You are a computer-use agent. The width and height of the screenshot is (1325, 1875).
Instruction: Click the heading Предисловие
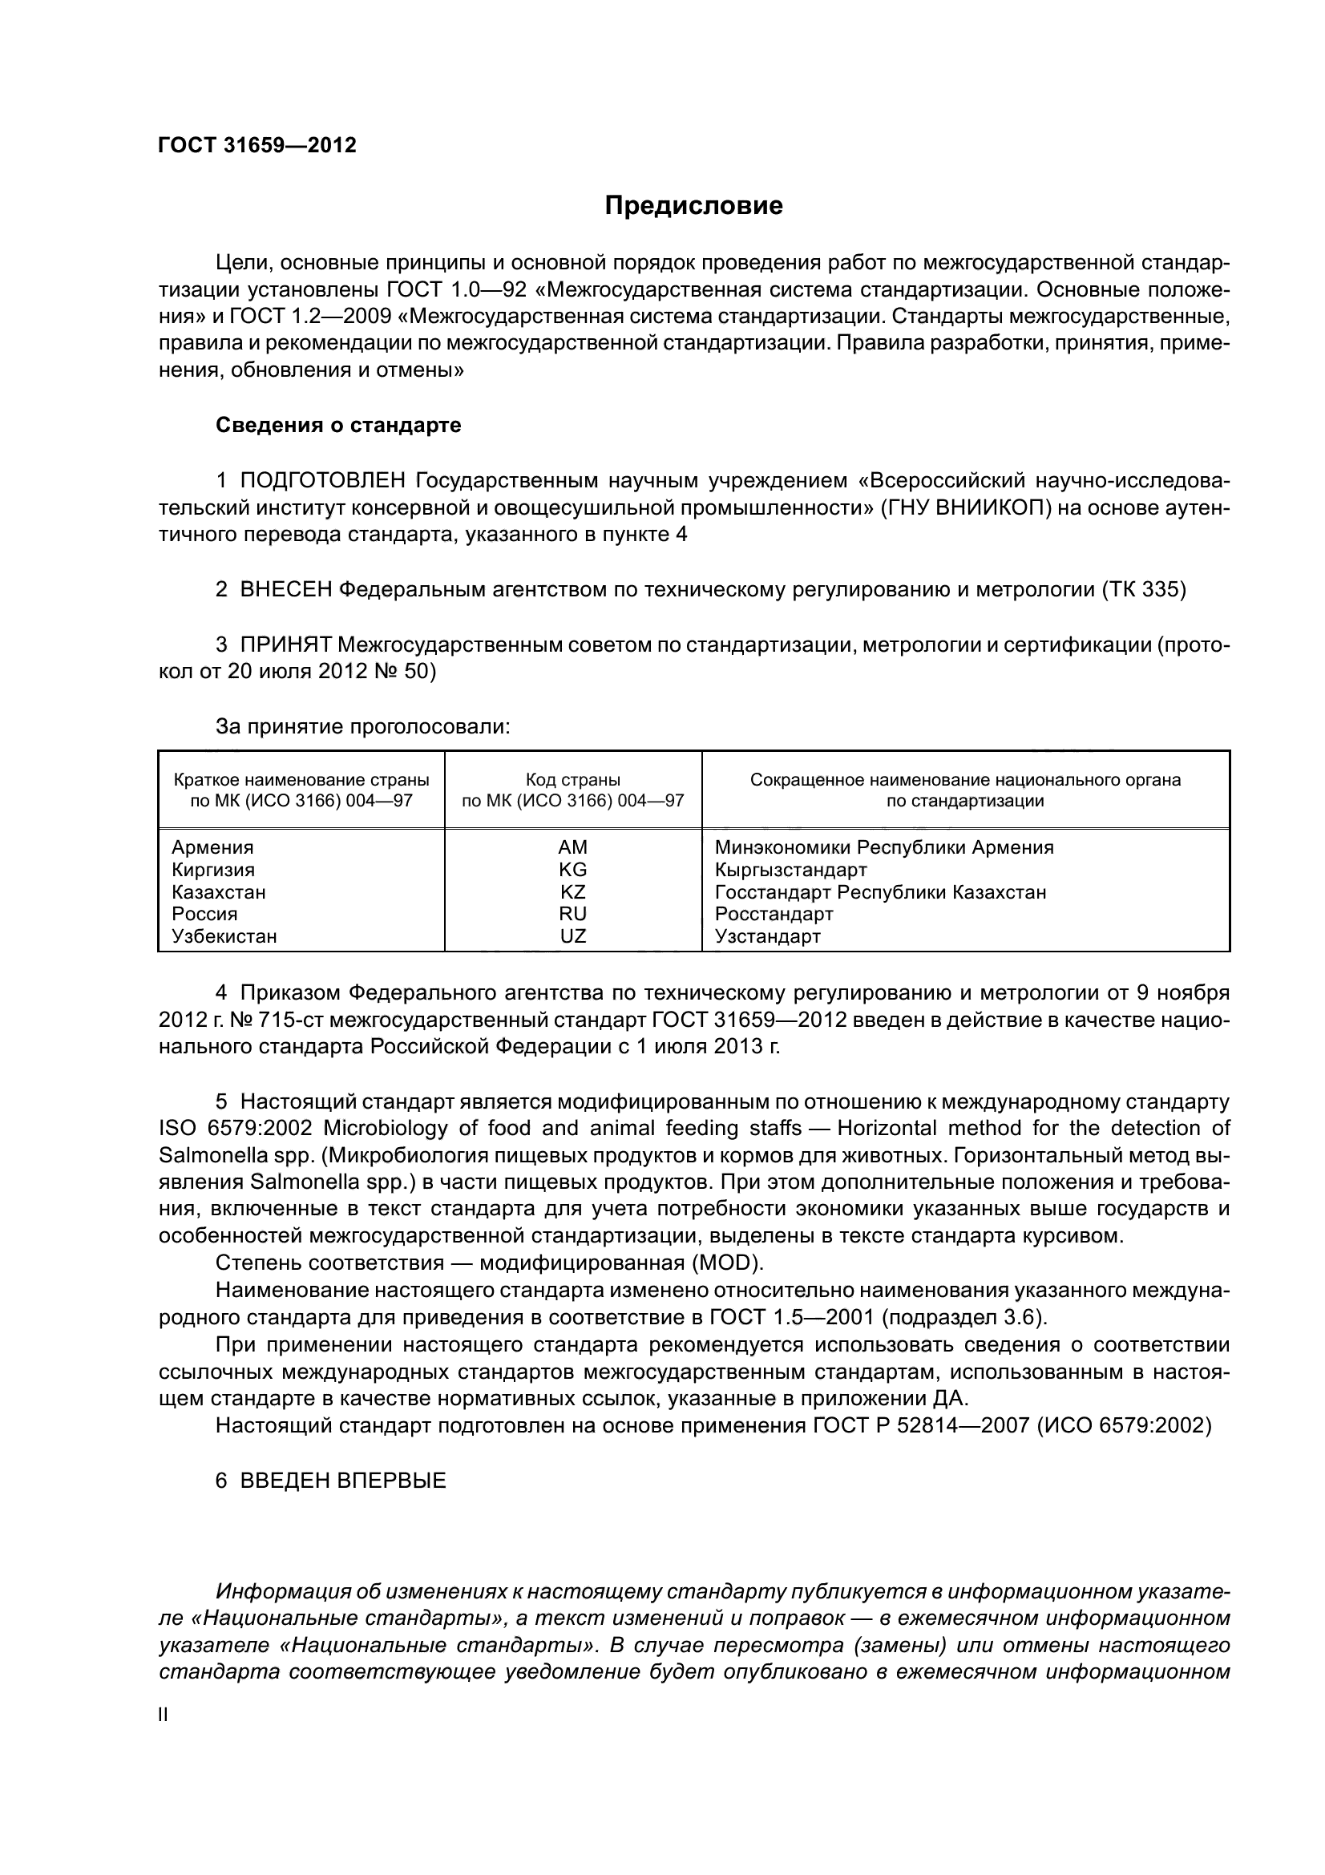coord(693,206)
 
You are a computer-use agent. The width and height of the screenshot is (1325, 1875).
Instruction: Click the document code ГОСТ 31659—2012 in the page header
coord(257,145)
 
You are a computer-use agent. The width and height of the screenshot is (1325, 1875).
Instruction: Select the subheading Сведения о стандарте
coord(338,426)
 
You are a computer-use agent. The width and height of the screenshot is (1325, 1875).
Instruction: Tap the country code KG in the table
coord(573,870)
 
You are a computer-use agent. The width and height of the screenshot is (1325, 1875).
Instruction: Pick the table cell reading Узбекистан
coord(224,936)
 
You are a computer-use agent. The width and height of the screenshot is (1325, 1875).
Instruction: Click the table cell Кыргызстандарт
coord(790,870)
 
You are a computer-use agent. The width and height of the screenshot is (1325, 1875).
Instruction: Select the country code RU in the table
coord(573,914)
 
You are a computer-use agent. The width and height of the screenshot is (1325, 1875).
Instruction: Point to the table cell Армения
coord(213,847)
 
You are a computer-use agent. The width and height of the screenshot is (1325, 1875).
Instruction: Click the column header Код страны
coord(573,780)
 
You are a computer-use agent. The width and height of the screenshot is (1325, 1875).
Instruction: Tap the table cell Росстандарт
coord(774,914)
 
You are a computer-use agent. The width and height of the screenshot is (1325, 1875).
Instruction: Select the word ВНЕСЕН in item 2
coord(286,590)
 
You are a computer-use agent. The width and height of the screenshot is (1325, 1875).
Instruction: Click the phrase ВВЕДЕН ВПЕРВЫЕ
coord(343,1481)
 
